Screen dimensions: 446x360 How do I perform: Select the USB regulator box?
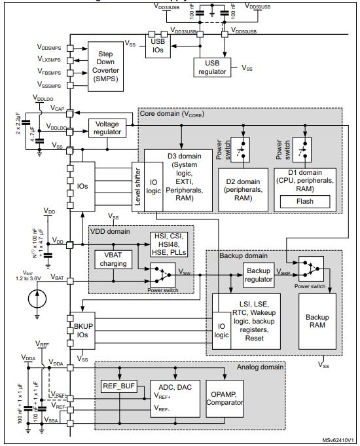[x=215, y=66]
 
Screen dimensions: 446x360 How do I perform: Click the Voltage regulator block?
[x=108, y=128]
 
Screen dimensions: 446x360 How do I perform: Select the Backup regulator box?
[x=259, y=275]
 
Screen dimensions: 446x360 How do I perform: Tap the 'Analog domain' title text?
[x=261, y=367]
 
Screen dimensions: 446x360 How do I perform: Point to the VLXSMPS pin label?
[x=51, y=60]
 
